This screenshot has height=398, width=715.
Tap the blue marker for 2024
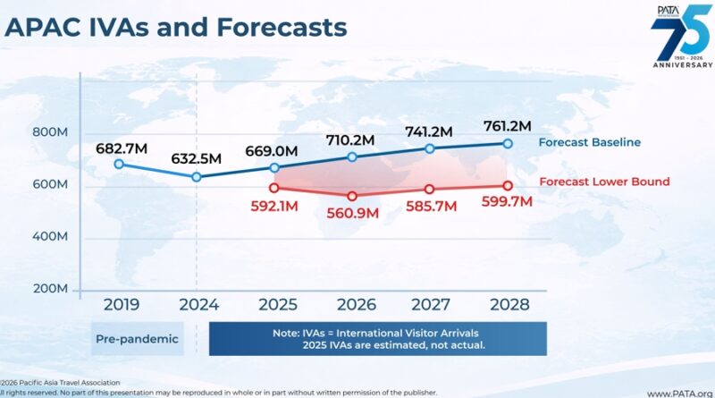click(x=196, y=177)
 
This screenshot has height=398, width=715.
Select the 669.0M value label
click(x=274, y=148)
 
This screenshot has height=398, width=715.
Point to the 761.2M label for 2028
click(x=508, y=124)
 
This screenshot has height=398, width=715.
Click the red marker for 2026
click(x=352, y=196)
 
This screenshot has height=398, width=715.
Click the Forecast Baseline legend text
click(x=589, y=142)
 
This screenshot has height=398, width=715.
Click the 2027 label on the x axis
click(x=430, y=304)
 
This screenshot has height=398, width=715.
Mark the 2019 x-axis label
click(x=121, y=304)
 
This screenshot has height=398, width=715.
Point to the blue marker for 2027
click(x=430, y=148)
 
